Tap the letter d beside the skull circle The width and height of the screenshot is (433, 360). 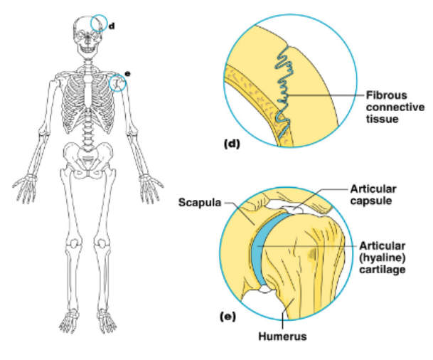(112, 26)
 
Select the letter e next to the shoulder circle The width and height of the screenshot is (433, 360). (128, 73)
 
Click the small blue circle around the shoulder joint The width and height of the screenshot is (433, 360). (118, 84)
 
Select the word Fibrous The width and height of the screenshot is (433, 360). (385, 95)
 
